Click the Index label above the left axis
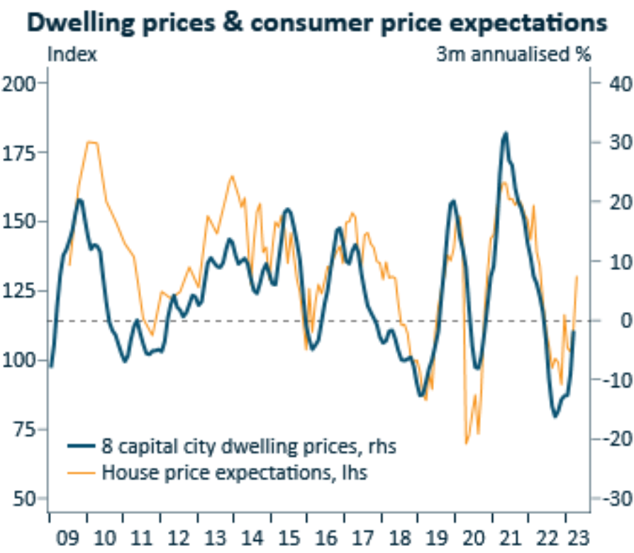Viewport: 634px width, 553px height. (72, 55)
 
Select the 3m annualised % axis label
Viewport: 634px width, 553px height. (513, 55)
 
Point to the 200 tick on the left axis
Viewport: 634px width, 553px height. (20, 83)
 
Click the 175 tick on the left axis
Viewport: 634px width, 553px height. (20, 152)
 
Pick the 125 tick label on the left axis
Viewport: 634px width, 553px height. (20, 291)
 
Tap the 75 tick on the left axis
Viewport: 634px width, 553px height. (24, 430)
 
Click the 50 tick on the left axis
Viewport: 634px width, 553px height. (24, 499)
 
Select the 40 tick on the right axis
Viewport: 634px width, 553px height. (611, 83)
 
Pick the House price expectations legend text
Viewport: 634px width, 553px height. (235, 471)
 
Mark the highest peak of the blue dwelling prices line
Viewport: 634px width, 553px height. (505, 133)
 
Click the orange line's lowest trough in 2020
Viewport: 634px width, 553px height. (467, 443)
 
